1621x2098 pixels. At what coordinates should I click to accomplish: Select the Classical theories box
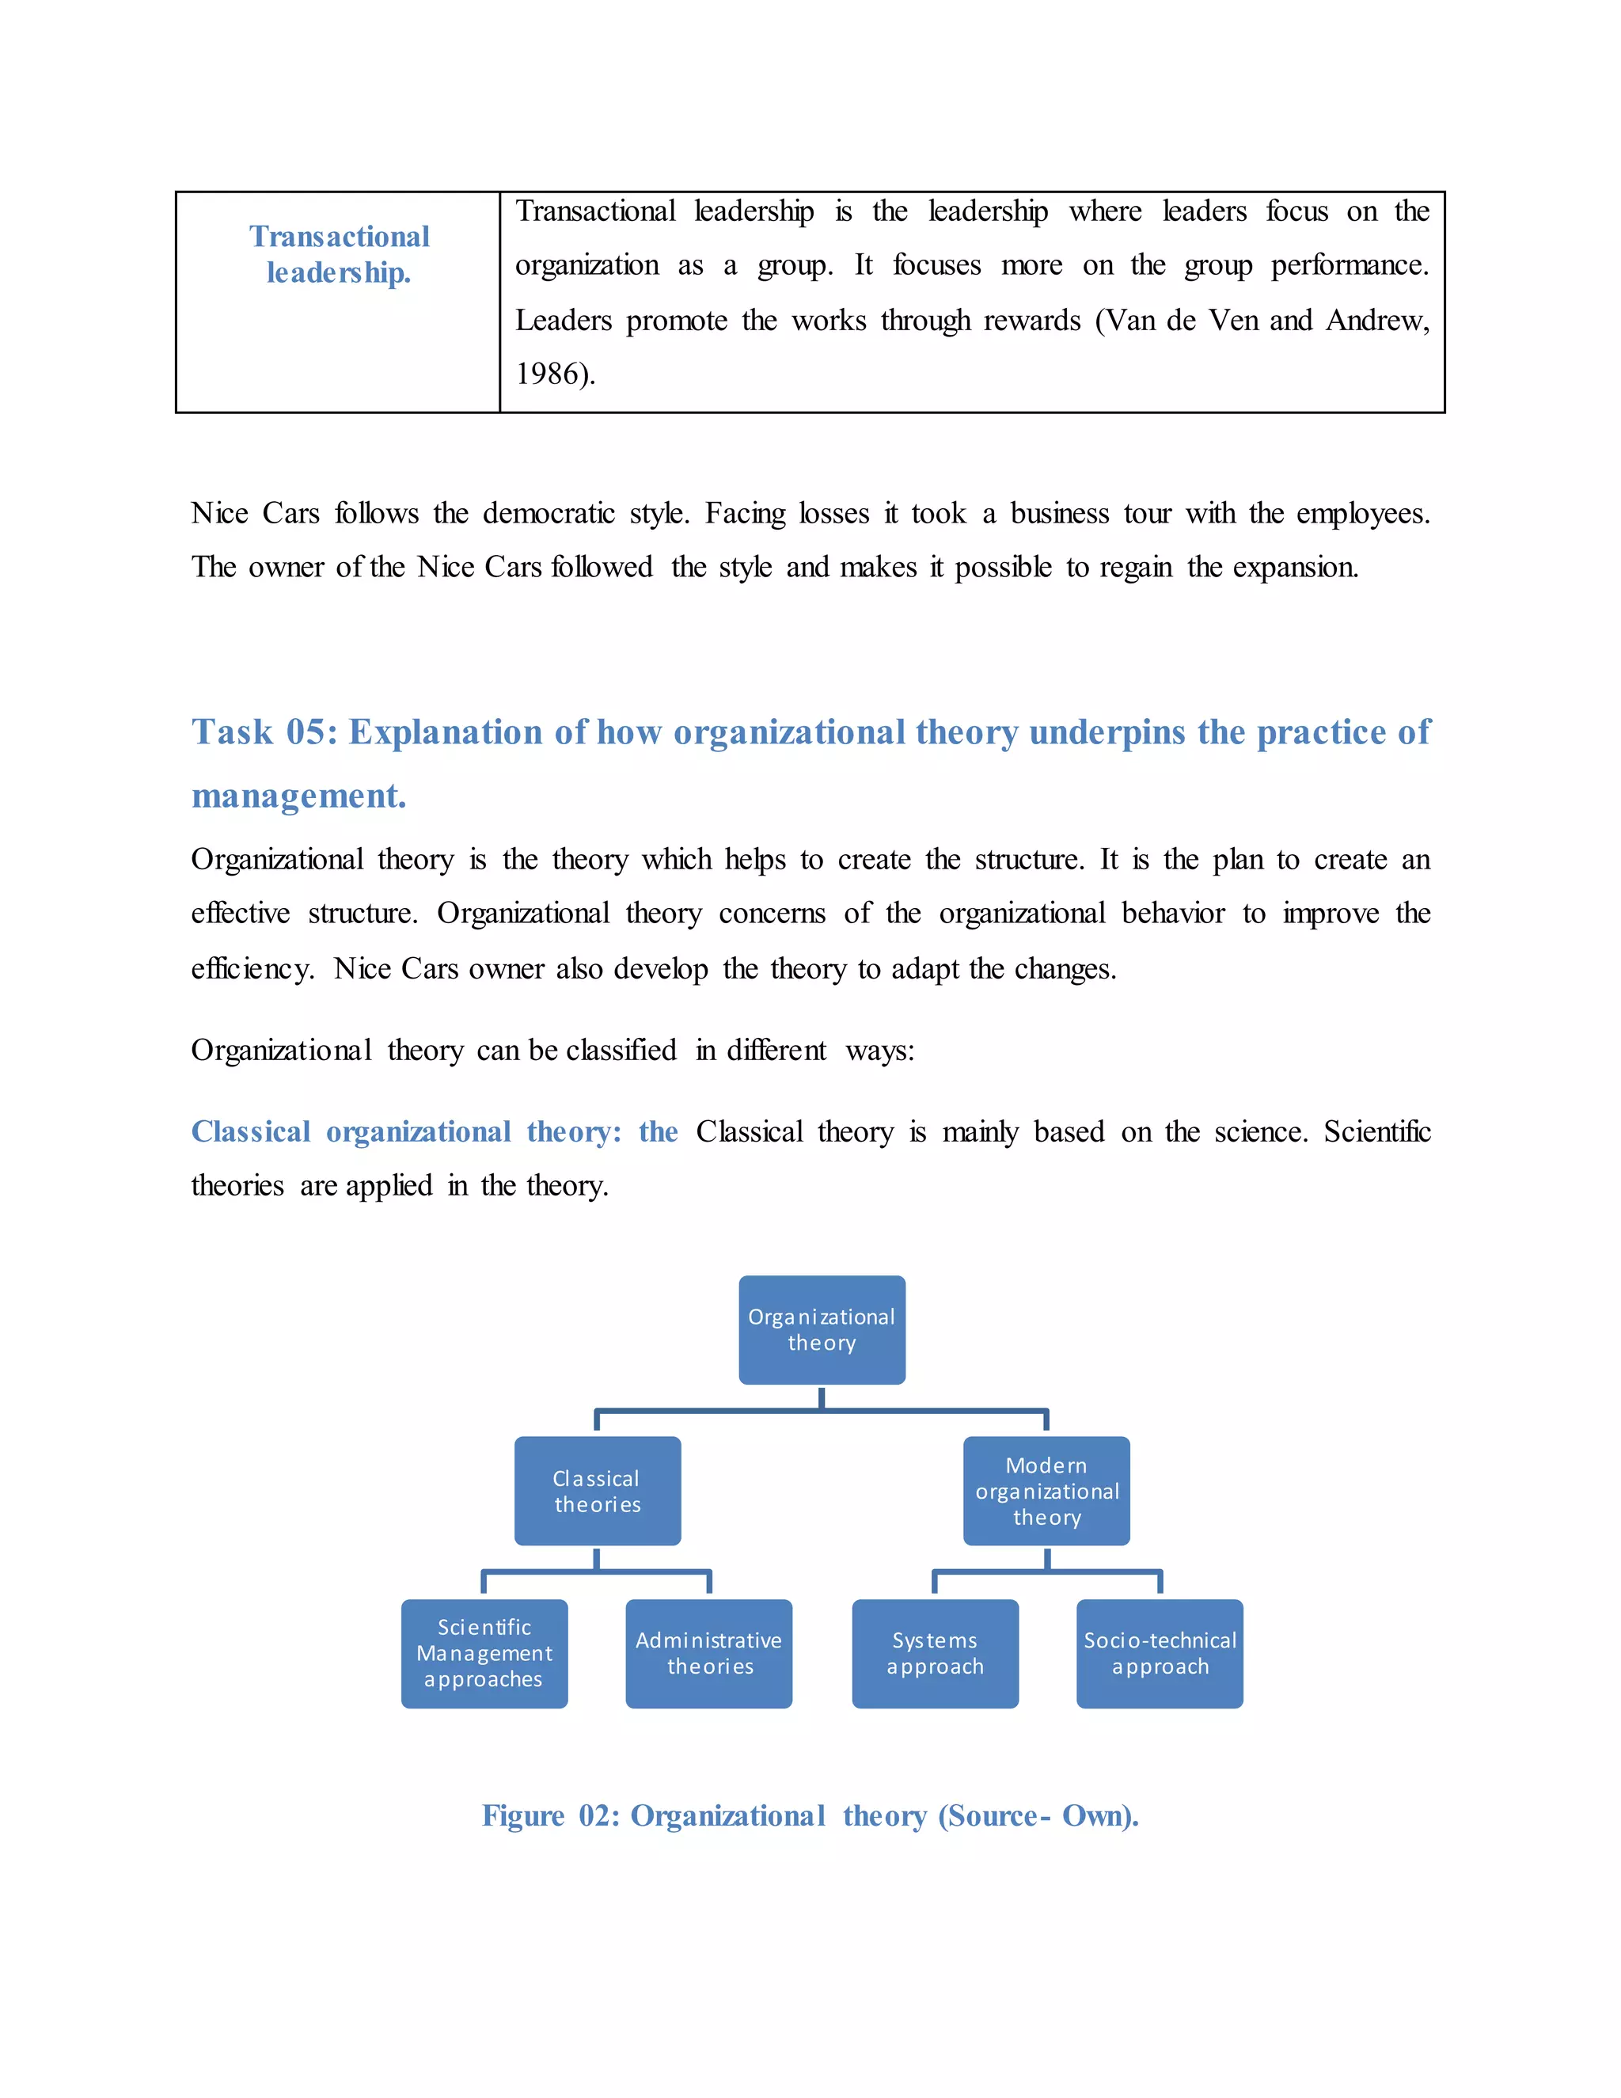[598, 1490]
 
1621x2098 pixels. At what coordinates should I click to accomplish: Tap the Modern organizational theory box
[1046, 1490]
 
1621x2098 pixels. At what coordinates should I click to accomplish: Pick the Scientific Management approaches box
[484, 1652]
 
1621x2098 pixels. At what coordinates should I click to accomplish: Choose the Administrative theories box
[708, 1652]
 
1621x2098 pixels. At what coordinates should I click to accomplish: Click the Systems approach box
[935, 1652]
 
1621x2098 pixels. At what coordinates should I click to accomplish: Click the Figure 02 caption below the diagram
[810, 1815]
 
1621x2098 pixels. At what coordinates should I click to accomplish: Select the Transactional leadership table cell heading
[339, 255]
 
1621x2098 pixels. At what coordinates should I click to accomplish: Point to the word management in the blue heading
[298, 796]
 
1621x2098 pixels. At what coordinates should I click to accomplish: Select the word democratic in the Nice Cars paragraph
[549, 513]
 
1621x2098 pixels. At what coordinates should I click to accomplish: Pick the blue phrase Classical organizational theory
[406, 1131]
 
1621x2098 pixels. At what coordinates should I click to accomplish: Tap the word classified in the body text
[621, 1050]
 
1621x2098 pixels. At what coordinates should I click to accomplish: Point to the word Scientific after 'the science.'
[1377, 1131]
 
